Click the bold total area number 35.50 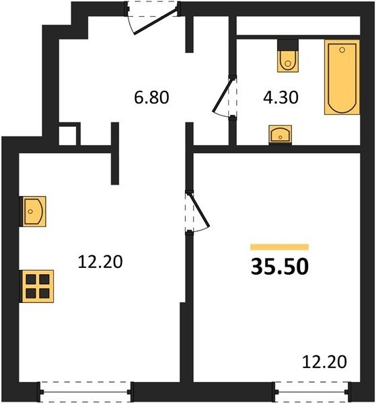280,267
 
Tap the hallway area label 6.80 151,97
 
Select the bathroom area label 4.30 280,97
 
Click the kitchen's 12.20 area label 100,262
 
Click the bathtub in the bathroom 342,77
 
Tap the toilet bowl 288,61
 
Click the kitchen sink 34,212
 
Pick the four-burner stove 38,286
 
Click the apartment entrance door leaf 156,21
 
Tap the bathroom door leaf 223,95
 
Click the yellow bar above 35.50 280,247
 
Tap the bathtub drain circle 342,50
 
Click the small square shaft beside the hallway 68,136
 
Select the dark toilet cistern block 288,45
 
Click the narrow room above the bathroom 298,26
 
